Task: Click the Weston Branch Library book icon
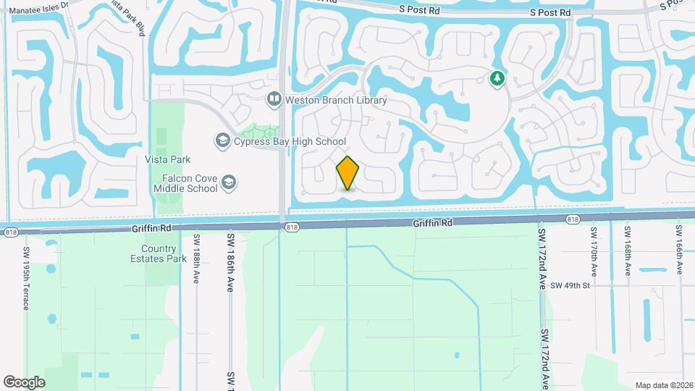[x=274, y=99]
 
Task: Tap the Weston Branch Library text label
[x=336, y=101]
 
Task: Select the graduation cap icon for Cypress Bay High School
[x=223, y=140]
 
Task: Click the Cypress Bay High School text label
[x=290, y=142]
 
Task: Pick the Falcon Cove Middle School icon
[x=229, y=182]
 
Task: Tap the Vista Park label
[x=168, y=159]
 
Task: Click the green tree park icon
[x=497, y=78]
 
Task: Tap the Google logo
[x=24, y=382]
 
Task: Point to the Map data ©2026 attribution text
[x=663, y=385]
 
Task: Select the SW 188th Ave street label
[x=196, y=258]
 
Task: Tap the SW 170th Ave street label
[x=593, y=251]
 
